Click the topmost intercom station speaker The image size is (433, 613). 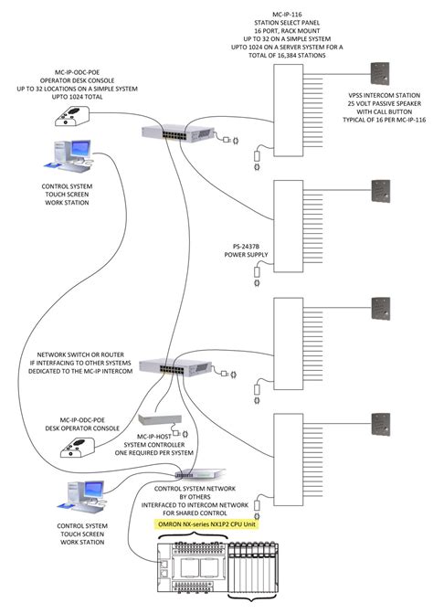380,74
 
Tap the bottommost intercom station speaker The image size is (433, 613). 380,424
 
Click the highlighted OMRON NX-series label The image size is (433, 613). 206,524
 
